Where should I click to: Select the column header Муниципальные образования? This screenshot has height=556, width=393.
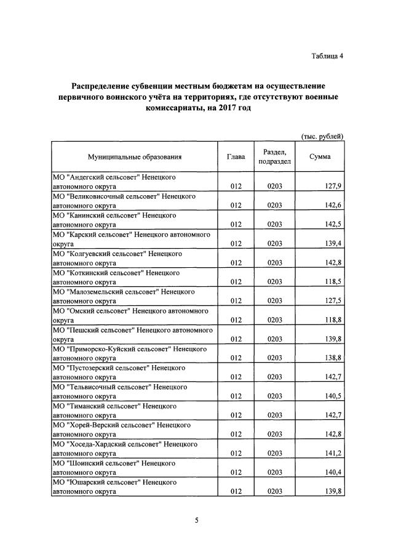pos(135,157)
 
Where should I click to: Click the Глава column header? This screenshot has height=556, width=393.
pos(236,157)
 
